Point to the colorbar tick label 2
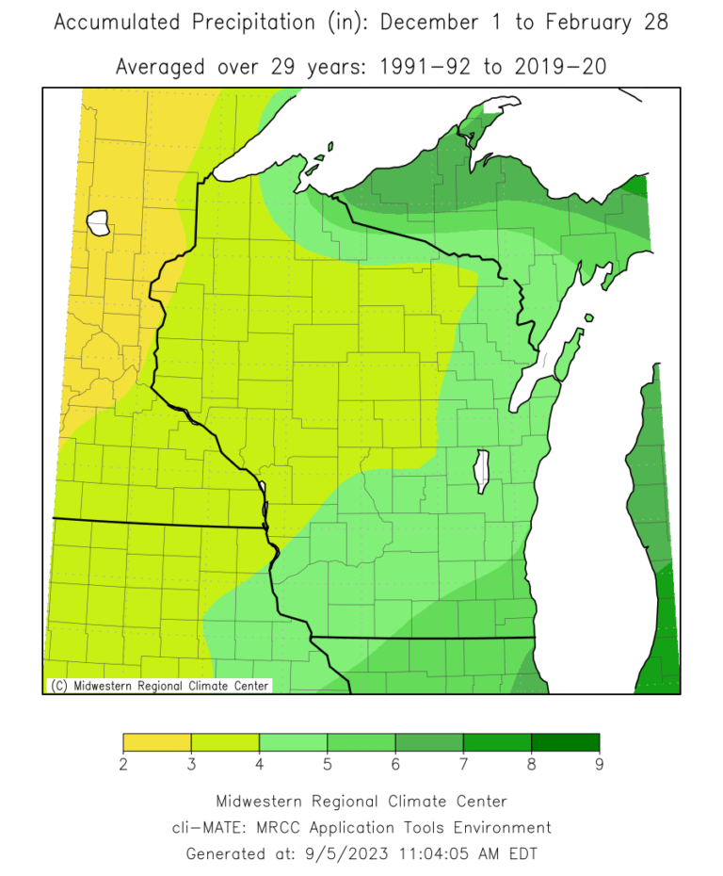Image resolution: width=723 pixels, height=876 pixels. tap(123, 765)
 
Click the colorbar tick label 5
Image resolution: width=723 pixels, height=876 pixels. tap(328, 765)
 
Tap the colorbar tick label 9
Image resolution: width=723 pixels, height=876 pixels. tap(599, 765)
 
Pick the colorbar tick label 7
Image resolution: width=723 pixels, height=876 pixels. tap(463, 765)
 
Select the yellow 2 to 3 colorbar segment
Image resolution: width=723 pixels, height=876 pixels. tap(157, 743)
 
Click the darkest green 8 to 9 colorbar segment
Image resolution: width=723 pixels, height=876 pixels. tap(565, 743)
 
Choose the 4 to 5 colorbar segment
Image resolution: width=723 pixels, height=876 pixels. tap(293, 743)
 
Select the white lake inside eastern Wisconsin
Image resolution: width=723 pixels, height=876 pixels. tap(484, 471)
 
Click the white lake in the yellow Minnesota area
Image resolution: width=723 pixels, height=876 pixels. tap(98, 223)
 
